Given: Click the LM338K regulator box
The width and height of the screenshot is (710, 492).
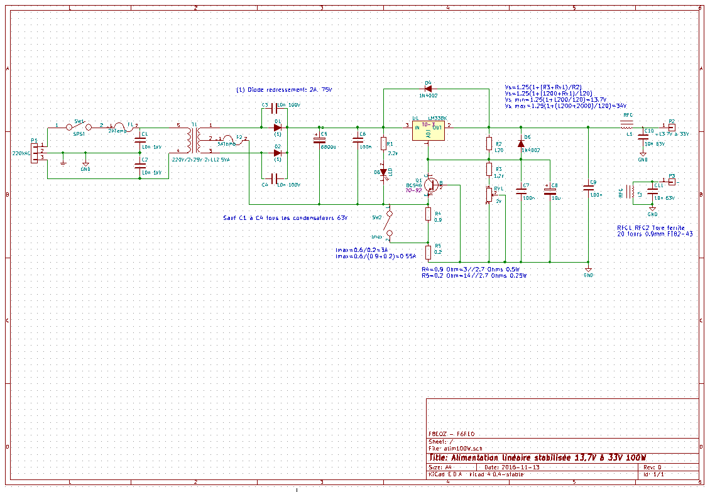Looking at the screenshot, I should (428, 129).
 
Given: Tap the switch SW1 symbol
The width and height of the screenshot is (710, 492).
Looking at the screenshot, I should (79, 126).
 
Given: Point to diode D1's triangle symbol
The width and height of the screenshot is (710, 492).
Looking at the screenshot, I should (277, 128).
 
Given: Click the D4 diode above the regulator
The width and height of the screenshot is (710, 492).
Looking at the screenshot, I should (429, 89).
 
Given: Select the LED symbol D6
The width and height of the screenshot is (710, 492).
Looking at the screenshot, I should (383, 172).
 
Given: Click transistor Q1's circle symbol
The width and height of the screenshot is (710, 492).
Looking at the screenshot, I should (430, 185).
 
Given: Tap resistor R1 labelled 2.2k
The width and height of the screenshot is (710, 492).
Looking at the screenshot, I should (383, 145).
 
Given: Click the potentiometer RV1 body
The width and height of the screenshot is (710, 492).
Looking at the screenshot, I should (489, 195).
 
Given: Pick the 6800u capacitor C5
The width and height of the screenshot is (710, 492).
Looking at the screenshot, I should (319, 140).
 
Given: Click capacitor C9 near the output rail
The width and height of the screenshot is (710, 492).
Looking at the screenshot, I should (588, 186).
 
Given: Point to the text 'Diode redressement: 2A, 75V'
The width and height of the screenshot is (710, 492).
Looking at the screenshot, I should (283, 90).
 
